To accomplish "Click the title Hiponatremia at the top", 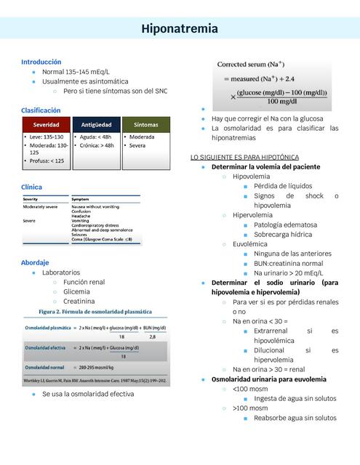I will coord(180,28).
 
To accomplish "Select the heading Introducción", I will coord(41,62).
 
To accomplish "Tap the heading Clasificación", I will coord(41,110).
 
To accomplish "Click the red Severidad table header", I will coord(45,125).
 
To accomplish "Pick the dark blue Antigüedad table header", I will coord(96,125).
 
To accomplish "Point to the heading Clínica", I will coord(32,187).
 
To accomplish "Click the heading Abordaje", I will coord(35,262).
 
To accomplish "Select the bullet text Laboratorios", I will coord(61,272).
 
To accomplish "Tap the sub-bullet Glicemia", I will coord(77,291).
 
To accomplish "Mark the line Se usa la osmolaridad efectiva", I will coord(88,394).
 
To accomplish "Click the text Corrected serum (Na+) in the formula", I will coord(252,65).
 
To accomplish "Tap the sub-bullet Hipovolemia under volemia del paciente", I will coord(251,177).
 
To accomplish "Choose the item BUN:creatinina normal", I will coord(288,264).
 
